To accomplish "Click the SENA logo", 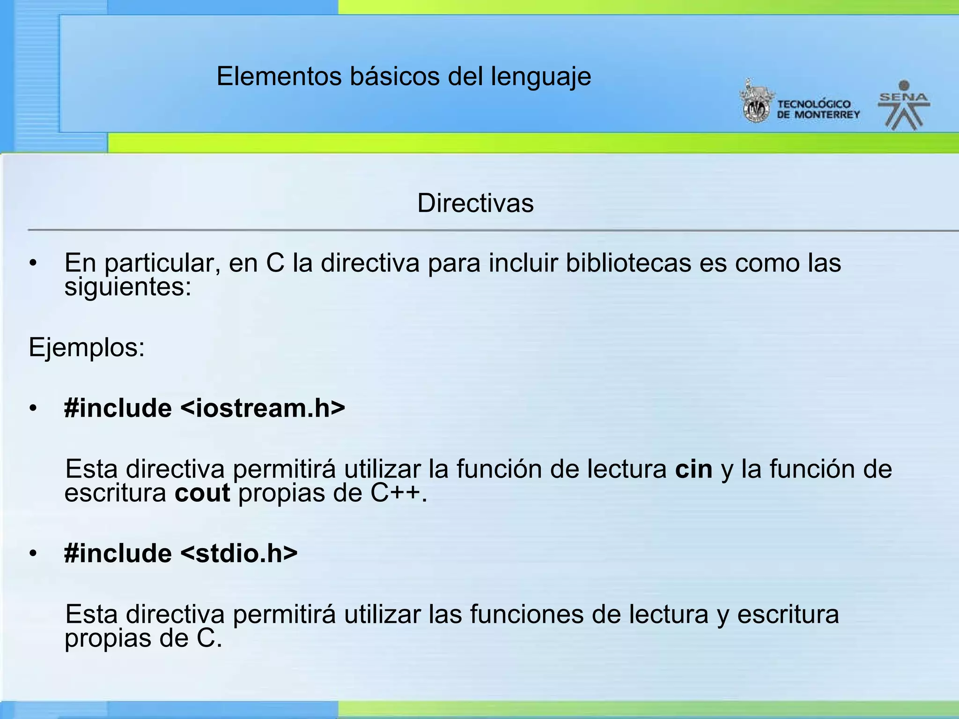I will click(904, 105).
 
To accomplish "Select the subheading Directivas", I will click(475, 203).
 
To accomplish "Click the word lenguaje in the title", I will click(541, 76).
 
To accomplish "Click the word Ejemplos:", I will click(87, 348).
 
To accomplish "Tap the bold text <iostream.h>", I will click(263, 408).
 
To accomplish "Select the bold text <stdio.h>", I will click(239, 553).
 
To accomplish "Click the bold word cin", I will click(693, 469).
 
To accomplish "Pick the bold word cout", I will click(202, 493).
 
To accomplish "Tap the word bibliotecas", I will click(628, 263).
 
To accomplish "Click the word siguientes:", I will click(128, 287).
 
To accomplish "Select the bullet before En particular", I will click(32, 264).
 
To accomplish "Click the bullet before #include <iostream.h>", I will click(32, 409).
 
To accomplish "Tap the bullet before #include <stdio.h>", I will click(32, 554).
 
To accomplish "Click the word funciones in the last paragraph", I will click(527, 614).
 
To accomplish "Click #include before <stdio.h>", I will click(118, 553).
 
